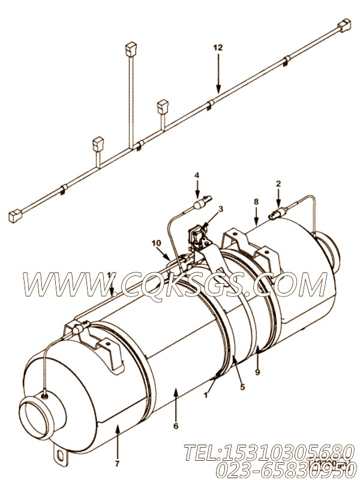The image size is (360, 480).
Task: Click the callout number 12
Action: click(219, 46)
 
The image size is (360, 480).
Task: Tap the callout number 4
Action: click(196, 176)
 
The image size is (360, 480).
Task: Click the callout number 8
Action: click(256, 202)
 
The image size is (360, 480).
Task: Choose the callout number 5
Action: click(242, 387)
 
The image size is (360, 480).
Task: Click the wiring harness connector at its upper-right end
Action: click(343, 26)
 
